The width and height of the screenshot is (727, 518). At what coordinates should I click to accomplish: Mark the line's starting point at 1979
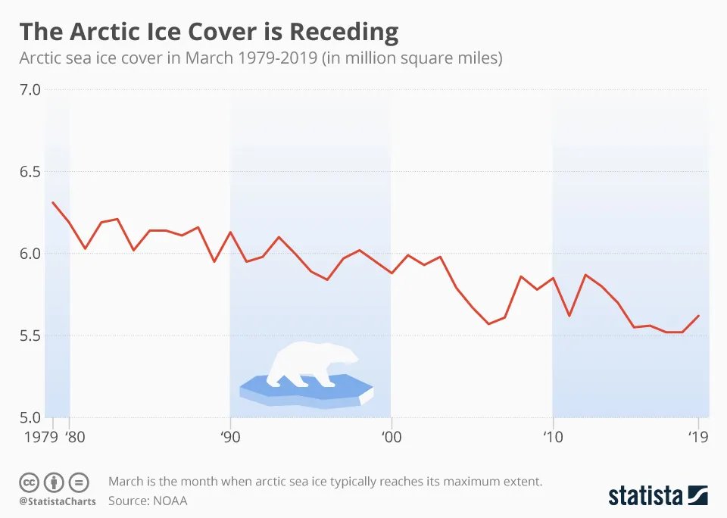pos(53,202)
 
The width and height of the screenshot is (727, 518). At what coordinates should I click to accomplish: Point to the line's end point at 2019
pos(698,316)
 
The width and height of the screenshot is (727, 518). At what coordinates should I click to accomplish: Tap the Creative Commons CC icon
pos(29,482)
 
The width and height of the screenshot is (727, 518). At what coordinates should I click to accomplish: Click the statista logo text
pos(644,496)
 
